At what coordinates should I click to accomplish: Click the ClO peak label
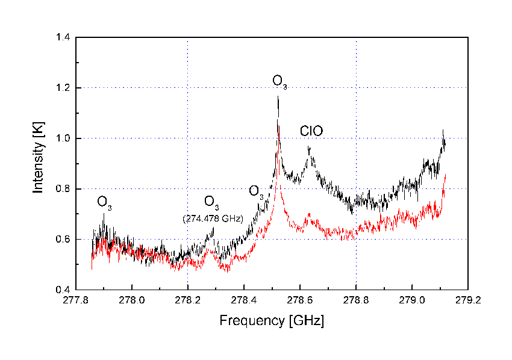(311, 131)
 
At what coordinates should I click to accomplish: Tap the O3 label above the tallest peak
(279, 81)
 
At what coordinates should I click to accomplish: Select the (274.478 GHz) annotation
(213, 219)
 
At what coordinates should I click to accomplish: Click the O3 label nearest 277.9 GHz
(105, 202)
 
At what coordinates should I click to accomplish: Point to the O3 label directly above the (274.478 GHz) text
(211, 201)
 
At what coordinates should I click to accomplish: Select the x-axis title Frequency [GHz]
(271, 320)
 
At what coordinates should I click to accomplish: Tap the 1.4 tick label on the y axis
(62, 38)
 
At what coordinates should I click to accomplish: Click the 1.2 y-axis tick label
(62, 88)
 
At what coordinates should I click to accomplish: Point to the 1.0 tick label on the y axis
(62, 138)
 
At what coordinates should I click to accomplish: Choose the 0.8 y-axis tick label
(62, 189)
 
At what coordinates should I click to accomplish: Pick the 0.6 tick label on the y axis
(62, 240)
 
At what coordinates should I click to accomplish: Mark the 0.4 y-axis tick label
(62, 290)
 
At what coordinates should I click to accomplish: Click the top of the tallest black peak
(278, 96)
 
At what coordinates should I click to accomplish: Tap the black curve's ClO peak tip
(308, 146)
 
